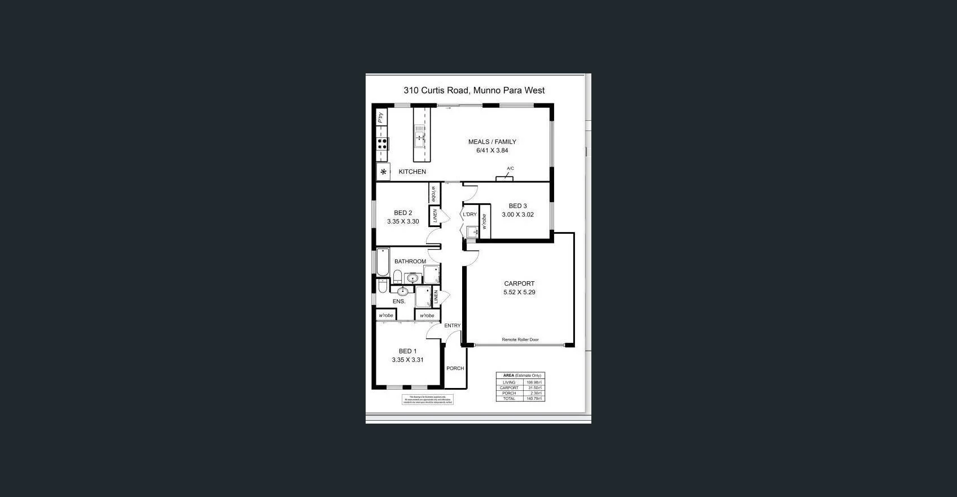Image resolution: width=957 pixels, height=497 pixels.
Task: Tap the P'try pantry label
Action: click(381, 117)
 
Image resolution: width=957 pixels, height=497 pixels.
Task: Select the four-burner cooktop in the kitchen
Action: click(383, 143)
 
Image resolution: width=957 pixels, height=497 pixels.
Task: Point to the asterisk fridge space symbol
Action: click(384, 172)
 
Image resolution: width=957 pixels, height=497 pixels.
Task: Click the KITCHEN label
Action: click(412, 172)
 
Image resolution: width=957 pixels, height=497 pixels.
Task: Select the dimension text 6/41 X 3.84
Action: click(492, 151)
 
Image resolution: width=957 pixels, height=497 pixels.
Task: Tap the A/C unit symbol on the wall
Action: click(504, 178)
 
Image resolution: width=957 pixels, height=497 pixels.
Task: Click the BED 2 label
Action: click(403, 213)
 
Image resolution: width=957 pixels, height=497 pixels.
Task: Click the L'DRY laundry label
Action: click(469, 215)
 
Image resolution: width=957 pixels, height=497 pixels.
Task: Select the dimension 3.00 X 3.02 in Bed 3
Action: click(517, 215)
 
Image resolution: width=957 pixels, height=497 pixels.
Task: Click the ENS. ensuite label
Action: click(399, 302)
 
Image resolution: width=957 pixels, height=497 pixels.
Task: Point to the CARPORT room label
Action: click(519, 284)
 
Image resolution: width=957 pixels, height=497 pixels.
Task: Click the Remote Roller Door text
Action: click(520, 339)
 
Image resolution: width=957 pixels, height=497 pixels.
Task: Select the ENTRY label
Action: click(452, 326)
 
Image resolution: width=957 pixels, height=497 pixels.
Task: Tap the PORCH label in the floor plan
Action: click(455, 368)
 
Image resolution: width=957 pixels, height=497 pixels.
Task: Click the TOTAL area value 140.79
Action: click(534, 399)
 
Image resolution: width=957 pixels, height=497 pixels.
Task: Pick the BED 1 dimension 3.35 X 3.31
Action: click(407, 360)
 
